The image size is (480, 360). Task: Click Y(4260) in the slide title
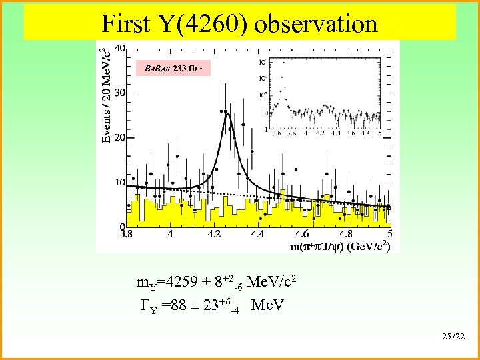[203, 24]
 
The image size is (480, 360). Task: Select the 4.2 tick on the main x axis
[215, 234]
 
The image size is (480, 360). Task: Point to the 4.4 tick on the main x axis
[257, 234]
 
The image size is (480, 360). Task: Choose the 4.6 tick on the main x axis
[302, 234]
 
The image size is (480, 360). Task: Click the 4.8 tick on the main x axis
[345, 234]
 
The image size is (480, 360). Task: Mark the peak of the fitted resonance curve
[227, 114]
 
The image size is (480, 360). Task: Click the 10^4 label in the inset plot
[263, 61]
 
